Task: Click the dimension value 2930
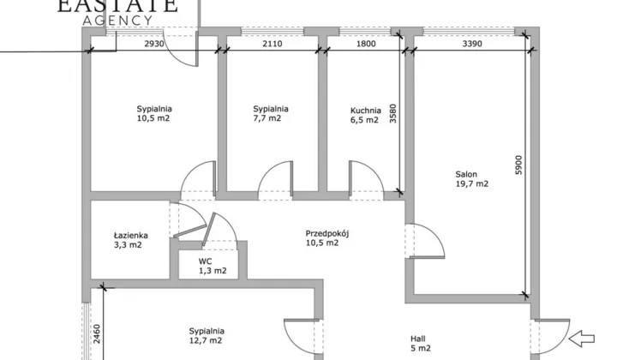tap(154, 44)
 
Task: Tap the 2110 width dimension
tap(273, 44)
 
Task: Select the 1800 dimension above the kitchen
tap(366, 44)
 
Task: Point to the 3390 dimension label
tap(472, 44)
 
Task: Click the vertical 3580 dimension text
tap(393, 114)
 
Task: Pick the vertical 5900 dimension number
tap(519, 165)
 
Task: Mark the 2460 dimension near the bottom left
tap(97, 334)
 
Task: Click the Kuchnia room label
tap(366, 111)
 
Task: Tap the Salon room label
tap(466, 174)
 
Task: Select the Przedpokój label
tap(327, 234)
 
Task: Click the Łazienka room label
tap(130, 235)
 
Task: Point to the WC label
tap(205, 261)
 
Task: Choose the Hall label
tap(418, 339)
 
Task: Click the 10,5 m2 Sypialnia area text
tap(153, 118)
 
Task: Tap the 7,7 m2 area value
tap(267, 118)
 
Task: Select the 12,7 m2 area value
tap(206, 341)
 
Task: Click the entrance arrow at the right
tap(582, 339)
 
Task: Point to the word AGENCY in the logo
tap(117, 21)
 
